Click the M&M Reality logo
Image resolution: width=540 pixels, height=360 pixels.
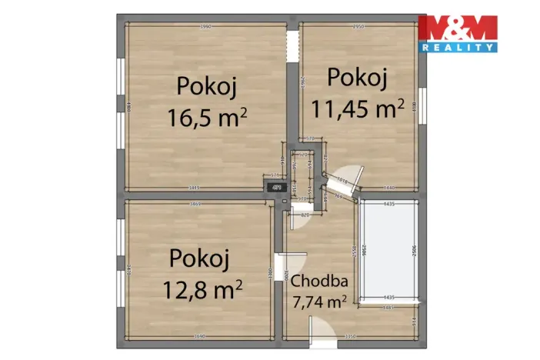(x=457, y=33)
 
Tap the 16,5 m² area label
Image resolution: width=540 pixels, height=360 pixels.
(x=206, y=117)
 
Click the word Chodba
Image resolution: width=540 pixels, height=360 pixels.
(x=319, y=282)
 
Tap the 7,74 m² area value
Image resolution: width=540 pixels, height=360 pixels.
(x=318, y=301)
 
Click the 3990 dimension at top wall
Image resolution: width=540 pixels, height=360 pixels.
(x=205, y=28)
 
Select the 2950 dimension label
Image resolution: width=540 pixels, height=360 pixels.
(x=358, y=28)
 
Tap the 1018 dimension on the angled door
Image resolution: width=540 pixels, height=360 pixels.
(x=344, y=182)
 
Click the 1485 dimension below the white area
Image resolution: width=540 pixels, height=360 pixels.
(x=388, y=308)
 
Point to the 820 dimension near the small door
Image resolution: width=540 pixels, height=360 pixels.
(x=304, y=215)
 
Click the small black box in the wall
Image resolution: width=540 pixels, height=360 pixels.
(x=275, y=187)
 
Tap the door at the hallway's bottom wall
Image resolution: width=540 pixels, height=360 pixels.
(x=322, y=332)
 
